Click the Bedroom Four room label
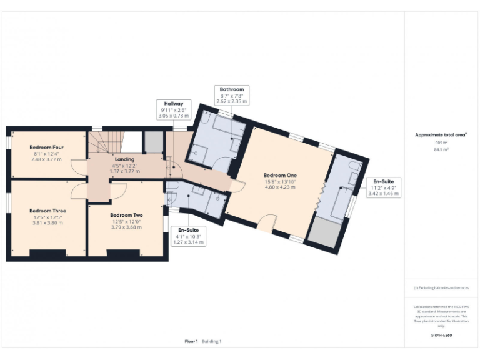(47, 147)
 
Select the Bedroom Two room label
(126, 215)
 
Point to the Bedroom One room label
(280, 176)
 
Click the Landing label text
(125, 159)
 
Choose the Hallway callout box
(174, 109)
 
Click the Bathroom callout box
(232, 95)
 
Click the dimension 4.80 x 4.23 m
(280, 187)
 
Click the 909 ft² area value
(441, 142)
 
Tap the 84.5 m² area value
(441, 149)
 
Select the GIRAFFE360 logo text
(441, 336)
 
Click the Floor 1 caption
(191, 341)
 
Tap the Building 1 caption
(211, 341)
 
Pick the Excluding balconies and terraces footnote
(441, 288)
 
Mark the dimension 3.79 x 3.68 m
(126, 227)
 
